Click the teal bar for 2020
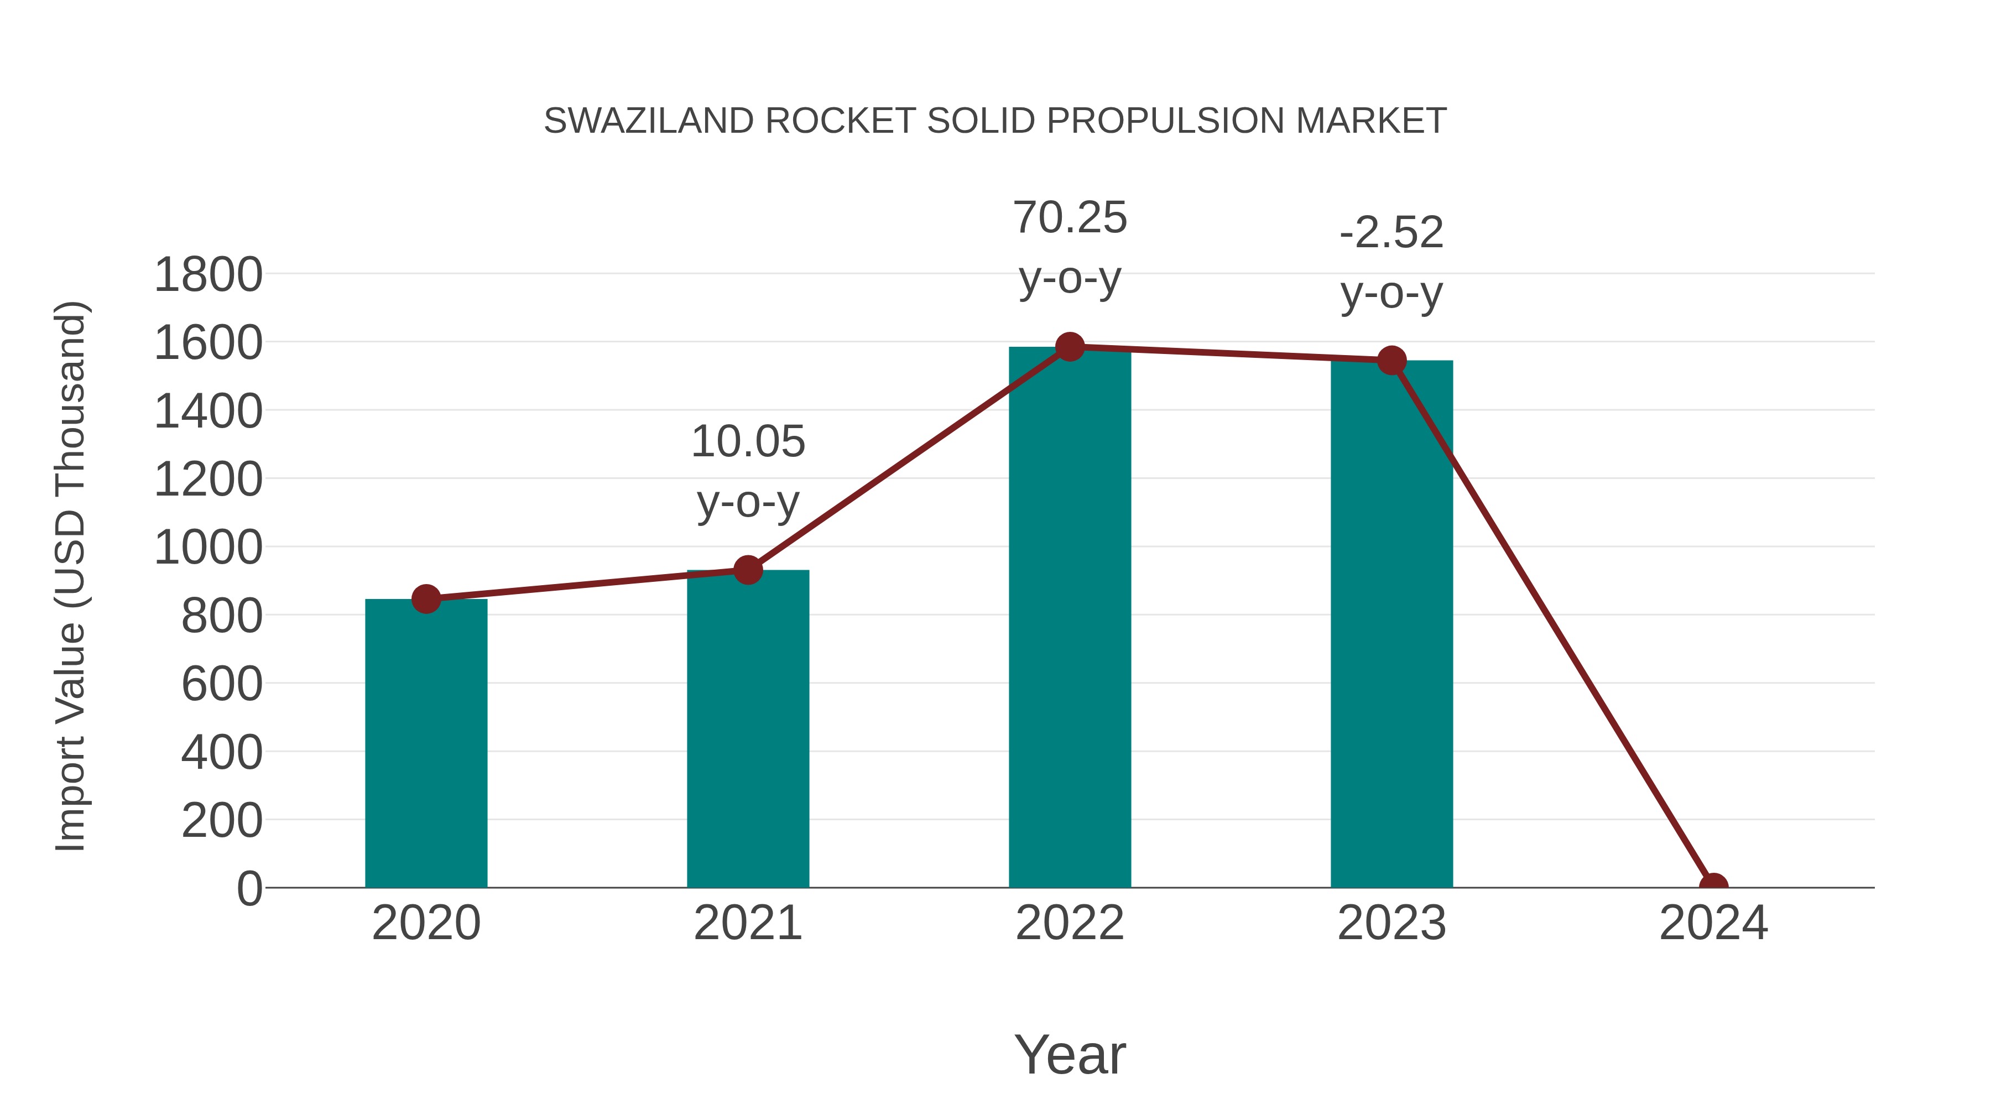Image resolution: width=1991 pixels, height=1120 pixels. tap(426, 743)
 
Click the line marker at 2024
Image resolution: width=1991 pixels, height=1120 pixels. tap(1713, 886)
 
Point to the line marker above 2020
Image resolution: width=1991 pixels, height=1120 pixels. tap(426, 598)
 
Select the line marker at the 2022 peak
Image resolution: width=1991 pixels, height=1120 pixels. tap(1070, 347)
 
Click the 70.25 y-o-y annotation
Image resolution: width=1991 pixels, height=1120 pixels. tap(1070, 247)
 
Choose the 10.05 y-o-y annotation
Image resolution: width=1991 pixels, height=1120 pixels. tap(747, 471)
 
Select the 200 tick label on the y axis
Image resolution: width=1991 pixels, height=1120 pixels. tap(221, 820)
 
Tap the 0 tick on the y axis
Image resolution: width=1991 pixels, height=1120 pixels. tap(249, 888)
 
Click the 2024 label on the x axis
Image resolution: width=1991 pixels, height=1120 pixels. tap(1713, 923)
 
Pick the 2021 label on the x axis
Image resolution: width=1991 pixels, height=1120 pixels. tap(747, 923)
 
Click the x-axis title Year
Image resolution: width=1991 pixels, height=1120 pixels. tap(1070, 1054)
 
